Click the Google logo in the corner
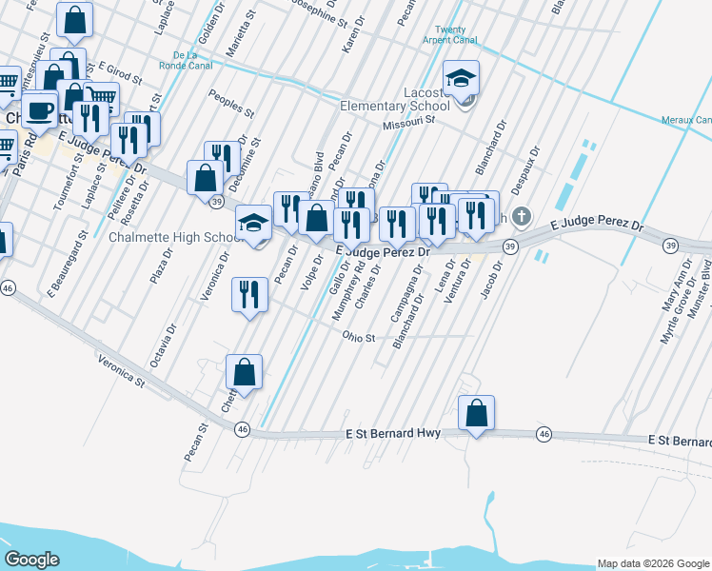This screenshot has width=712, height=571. tap(31, 560)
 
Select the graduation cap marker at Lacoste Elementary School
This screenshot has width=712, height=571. tap(461, 79)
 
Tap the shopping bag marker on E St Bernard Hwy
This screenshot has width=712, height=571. tap(476, 414)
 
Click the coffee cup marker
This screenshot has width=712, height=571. tap(39, 111)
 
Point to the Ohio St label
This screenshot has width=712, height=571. tap(360, 337)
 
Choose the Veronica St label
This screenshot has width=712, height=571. tap(120, 371)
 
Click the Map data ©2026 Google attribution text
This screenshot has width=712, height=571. tap(653, 563)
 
